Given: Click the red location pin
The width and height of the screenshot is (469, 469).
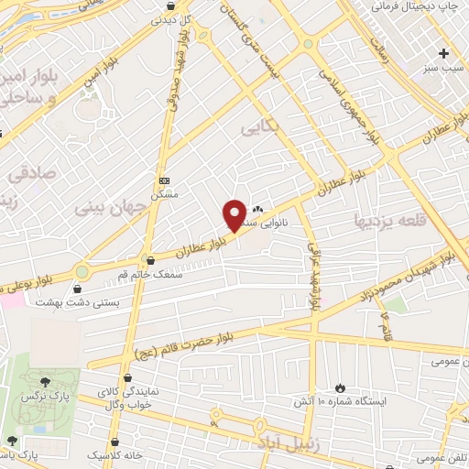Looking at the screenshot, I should click(234, 214).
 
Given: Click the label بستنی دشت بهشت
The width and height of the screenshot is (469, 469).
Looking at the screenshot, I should click(69, 300).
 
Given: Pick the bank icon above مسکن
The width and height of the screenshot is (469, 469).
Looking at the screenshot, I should click(164, 180).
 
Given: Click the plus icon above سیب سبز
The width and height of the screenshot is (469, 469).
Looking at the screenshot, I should click(444, 53).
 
